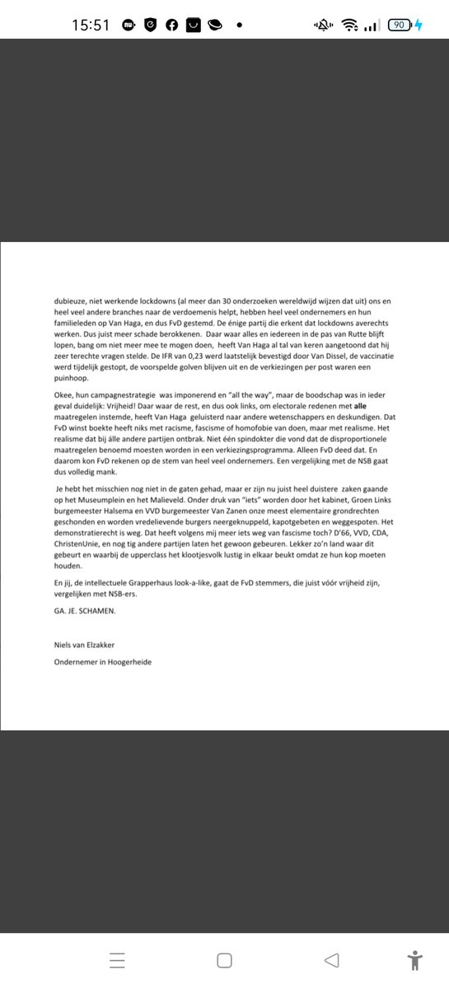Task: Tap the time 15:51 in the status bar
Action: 91,25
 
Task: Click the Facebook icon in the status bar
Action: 171,25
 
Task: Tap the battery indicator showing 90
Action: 399,25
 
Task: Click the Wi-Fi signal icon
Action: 350,26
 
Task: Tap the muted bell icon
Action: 321,26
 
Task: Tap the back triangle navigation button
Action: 331,960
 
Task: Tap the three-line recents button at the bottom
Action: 117,960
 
